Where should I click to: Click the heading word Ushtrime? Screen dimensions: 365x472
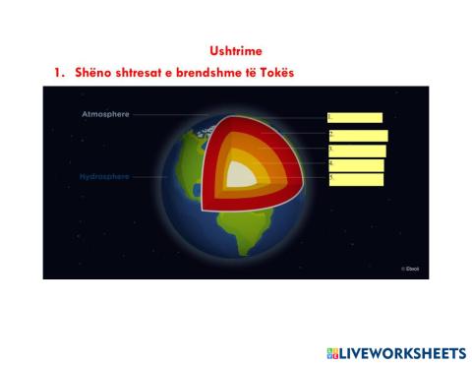coord(236,50)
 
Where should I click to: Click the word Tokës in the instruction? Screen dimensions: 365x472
coord(275,74)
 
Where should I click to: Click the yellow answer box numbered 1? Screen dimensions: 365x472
coord(354,118)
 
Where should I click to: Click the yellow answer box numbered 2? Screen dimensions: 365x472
coord(357,136)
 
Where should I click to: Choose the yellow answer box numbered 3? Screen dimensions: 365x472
coord(356,151)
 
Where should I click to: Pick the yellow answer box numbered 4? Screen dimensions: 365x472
coord(355,165)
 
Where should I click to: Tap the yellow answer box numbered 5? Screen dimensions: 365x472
coord(355,179)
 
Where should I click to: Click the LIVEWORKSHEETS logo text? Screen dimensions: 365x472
coord(402,352)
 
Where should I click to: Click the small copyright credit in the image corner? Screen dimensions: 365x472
coord(409,268)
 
